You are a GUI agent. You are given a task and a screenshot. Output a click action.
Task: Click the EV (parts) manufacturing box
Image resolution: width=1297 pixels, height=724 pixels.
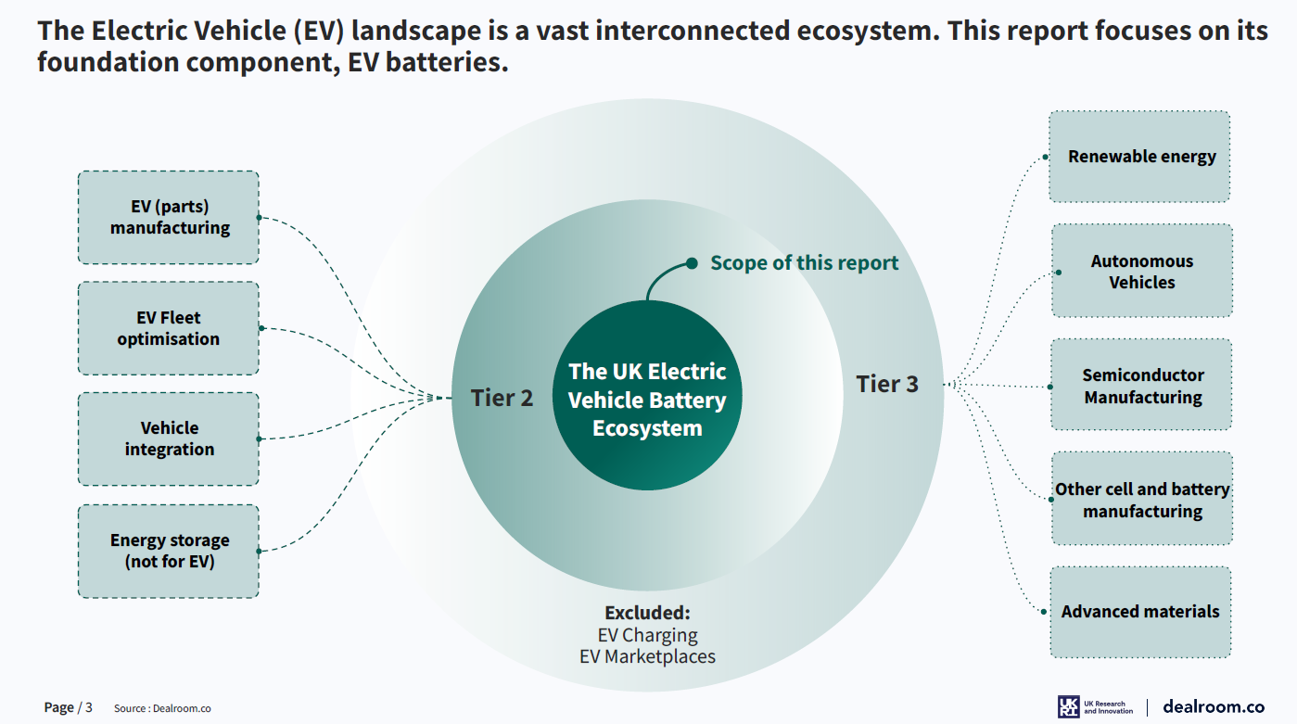[169, 217]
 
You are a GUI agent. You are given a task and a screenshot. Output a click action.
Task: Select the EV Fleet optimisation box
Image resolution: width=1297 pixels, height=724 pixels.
[169, 328]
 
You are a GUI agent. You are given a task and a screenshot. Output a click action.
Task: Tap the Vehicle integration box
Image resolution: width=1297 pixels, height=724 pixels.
[169, 438]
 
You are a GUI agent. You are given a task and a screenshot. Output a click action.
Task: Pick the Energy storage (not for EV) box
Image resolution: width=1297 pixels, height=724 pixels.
[169, 551]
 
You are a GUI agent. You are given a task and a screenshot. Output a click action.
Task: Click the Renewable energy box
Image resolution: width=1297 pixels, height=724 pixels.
[1140, 157]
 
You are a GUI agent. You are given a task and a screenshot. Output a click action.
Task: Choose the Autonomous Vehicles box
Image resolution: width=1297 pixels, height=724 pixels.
[1141, 271]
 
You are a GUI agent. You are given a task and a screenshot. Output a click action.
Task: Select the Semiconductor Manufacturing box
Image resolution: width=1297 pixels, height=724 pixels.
[1141, 385]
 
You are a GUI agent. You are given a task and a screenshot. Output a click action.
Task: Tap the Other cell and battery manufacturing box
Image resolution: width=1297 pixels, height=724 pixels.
[1141, 499]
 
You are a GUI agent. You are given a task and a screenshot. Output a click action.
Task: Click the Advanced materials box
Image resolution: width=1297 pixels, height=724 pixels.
[1140, 612]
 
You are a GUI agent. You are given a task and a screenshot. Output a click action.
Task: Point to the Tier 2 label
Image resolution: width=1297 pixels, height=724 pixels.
[502, 399]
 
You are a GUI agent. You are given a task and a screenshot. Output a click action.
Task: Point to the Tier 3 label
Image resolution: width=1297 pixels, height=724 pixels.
[887, 384]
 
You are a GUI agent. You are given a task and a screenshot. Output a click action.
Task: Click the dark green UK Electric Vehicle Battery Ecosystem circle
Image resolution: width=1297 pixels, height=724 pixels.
[647, 400]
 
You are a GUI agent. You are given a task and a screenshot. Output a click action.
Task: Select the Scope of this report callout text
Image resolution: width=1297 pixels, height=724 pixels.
[804, 263]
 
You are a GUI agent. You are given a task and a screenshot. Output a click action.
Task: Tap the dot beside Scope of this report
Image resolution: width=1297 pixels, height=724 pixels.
[692, 263]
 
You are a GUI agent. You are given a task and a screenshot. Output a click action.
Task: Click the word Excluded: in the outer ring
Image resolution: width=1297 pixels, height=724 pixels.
[647, 614]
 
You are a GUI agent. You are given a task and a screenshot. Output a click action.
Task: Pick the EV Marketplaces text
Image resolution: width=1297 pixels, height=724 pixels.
[647, 656]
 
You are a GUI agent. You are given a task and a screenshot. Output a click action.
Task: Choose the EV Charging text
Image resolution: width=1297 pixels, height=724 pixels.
[647, 635]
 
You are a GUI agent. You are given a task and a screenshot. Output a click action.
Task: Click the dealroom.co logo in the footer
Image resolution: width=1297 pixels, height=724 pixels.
[1213, 706]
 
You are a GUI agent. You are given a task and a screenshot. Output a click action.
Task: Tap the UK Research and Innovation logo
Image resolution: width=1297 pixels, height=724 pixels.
[1095, 706]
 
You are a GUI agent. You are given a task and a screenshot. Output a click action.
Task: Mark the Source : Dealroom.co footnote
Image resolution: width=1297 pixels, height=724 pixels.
[162, 708]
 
